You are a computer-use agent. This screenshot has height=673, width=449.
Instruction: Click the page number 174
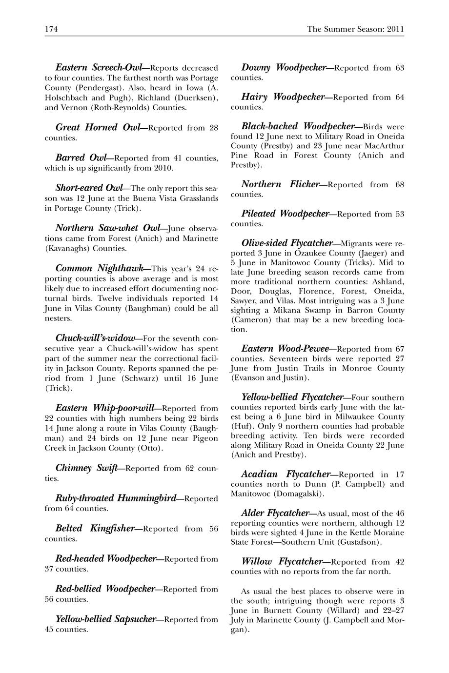pos(51,29)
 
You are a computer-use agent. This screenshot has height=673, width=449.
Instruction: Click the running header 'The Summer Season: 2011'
pos(355,29)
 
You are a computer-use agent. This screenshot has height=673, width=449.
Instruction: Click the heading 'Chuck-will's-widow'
pos(95,338)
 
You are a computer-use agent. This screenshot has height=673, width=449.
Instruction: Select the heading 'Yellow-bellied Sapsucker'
pos(105,619)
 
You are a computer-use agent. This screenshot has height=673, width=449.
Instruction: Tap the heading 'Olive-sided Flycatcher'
pos(287,242)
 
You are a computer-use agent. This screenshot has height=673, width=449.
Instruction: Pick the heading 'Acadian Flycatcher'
pos(285,474)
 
